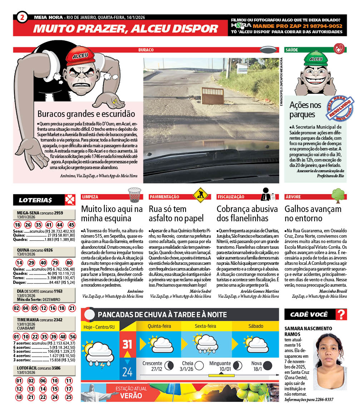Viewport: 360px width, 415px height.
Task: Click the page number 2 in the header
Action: (22, 17)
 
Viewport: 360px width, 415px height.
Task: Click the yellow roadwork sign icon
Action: (200, 195)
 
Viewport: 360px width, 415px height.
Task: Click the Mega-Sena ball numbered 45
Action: (71, 225)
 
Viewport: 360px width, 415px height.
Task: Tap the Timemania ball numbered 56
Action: (73, 337)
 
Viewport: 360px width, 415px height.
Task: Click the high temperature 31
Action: (127, 344)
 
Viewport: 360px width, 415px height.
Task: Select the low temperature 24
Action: (127, 372)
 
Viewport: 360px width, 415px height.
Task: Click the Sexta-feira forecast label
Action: (205, 326)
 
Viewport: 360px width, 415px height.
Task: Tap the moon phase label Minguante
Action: (220, 364)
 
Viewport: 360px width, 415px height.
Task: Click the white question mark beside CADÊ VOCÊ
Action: (342, 315)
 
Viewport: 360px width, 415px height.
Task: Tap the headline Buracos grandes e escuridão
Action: (86, 114)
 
